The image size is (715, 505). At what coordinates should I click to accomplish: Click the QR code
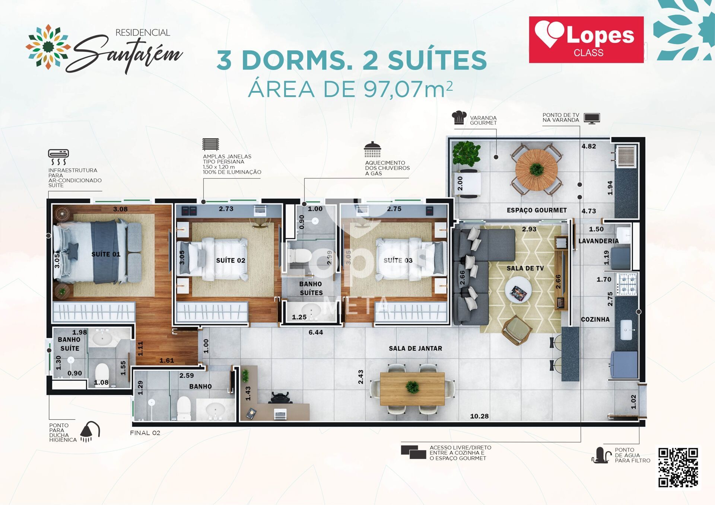pyautogui.click(x=678, y=467)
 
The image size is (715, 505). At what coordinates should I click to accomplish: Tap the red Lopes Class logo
pyautogui.click(x=586, y=39)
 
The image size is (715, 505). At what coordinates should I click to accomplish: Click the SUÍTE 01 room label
pyautogui.click(x=106, y=254)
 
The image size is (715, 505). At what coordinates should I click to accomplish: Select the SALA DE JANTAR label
pyautogui.click(x=415, y=348)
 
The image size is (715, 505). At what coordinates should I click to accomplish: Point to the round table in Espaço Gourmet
pyautogui.click(x=536, y=170)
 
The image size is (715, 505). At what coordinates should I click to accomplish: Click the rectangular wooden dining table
pyautogui.click(x=412, y=389)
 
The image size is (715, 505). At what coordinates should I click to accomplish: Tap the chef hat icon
pyautogui.click(x=459, y=118)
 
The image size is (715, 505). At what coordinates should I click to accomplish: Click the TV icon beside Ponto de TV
pyautogui.click(x=592, y=118)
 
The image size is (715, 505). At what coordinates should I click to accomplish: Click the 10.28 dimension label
pyautogui.click(x=479, y=416)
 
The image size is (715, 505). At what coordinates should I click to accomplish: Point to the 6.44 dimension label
pyautogui.click(x=316, y=332)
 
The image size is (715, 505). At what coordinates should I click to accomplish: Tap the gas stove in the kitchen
pyautogui.click(x=627, y=284)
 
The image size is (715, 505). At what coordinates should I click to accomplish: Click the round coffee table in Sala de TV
pyautogui.click(x=518, y=290)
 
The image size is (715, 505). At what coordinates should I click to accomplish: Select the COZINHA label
pyautogui.click(x=595, y=319)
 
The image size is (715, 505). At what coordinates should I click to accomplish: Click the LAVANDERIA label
pyautogui.click(x=598, y=241)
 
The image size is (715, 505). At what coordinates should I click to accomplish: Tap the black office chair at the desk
pyautogui.click(x=280, y=397)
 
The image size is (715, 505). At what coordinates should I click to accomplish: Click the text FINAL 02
pyautogui.click(x=145, y=433)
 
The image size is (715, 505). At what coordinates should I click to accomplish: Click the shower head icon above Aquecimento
pyautogui.click(x=372, y=149)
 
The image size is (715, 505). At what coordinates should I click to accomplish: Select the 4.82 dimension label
pyautogui.click(x=589, y=146)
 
